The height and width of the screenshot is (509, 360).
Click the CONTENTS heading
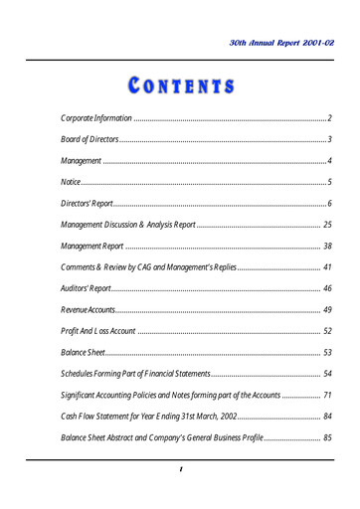coord(180,86)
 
